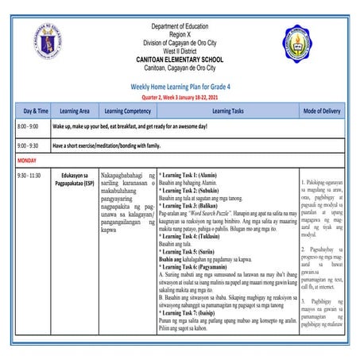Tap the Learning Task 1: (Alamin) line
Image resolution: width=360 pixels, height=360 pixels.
click(190, 172)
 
